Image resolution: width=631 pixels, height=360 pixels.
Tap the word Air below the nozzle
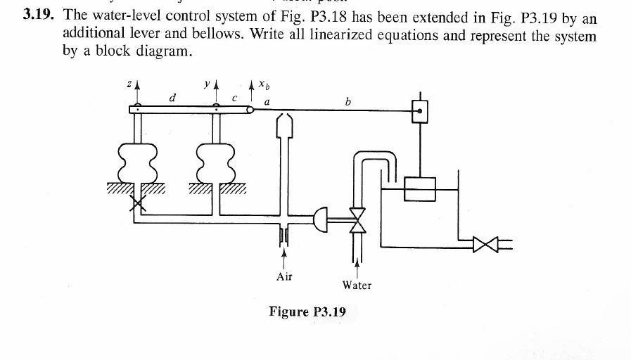point(284,276)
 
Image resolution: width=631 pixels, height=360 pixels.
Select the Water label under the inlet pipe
point(357,285)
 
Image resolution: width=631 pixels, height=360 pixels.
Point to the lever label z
point(127,84)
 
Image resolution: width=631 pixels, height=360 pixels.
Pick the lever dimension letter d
point(173,98)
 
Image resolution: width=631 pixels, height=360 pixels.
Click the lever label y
point(207,84)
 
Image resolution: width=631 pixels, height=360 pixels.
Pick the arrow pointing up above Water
point(357,264)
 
